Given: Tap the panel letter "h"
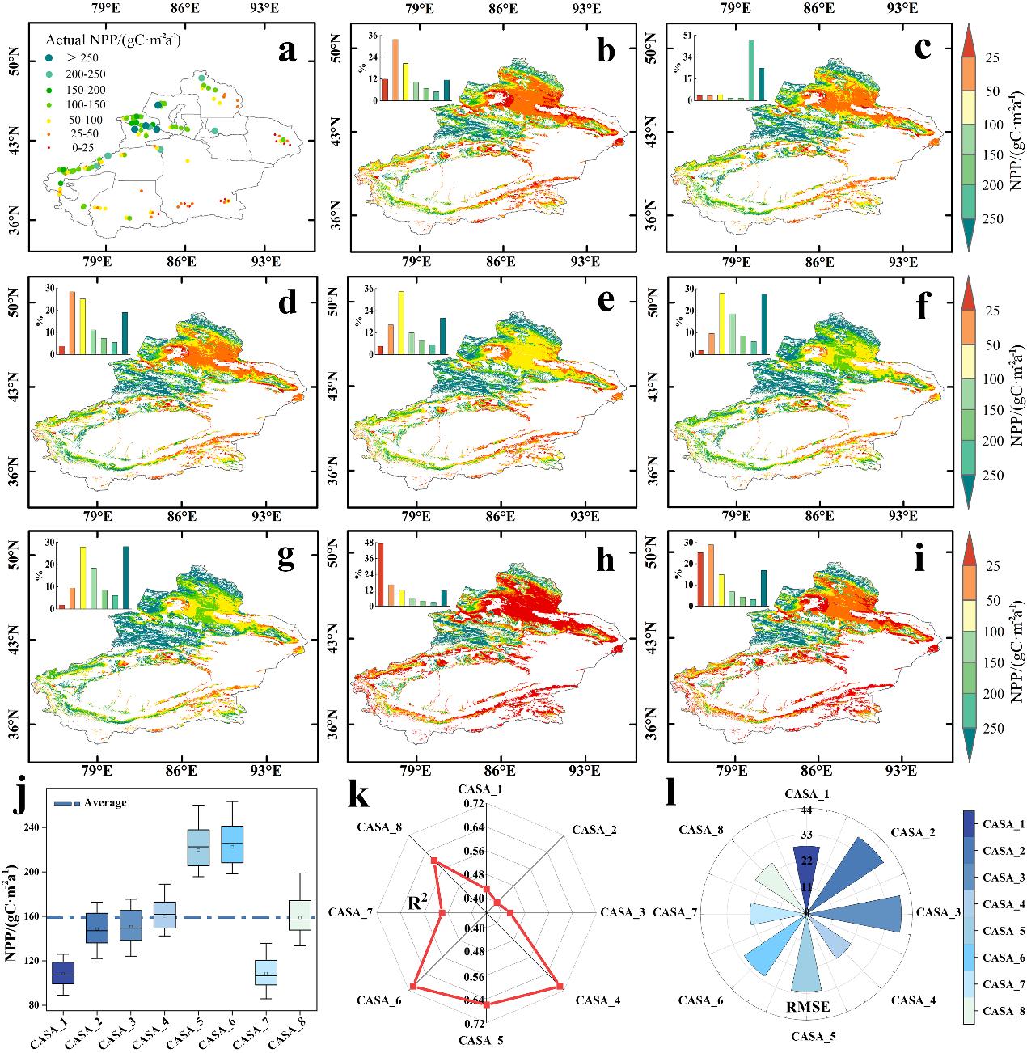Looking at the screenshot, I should point(603,560).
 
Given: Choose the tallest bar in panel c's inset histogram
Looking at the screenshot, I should point(751,70).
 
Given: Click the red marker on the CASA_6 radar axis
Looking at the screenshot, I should point(413,987).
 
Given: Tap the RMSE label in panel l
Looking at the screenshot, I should point(808,1007).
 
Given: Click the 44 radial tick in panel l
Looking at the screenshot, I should point(807,810).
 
